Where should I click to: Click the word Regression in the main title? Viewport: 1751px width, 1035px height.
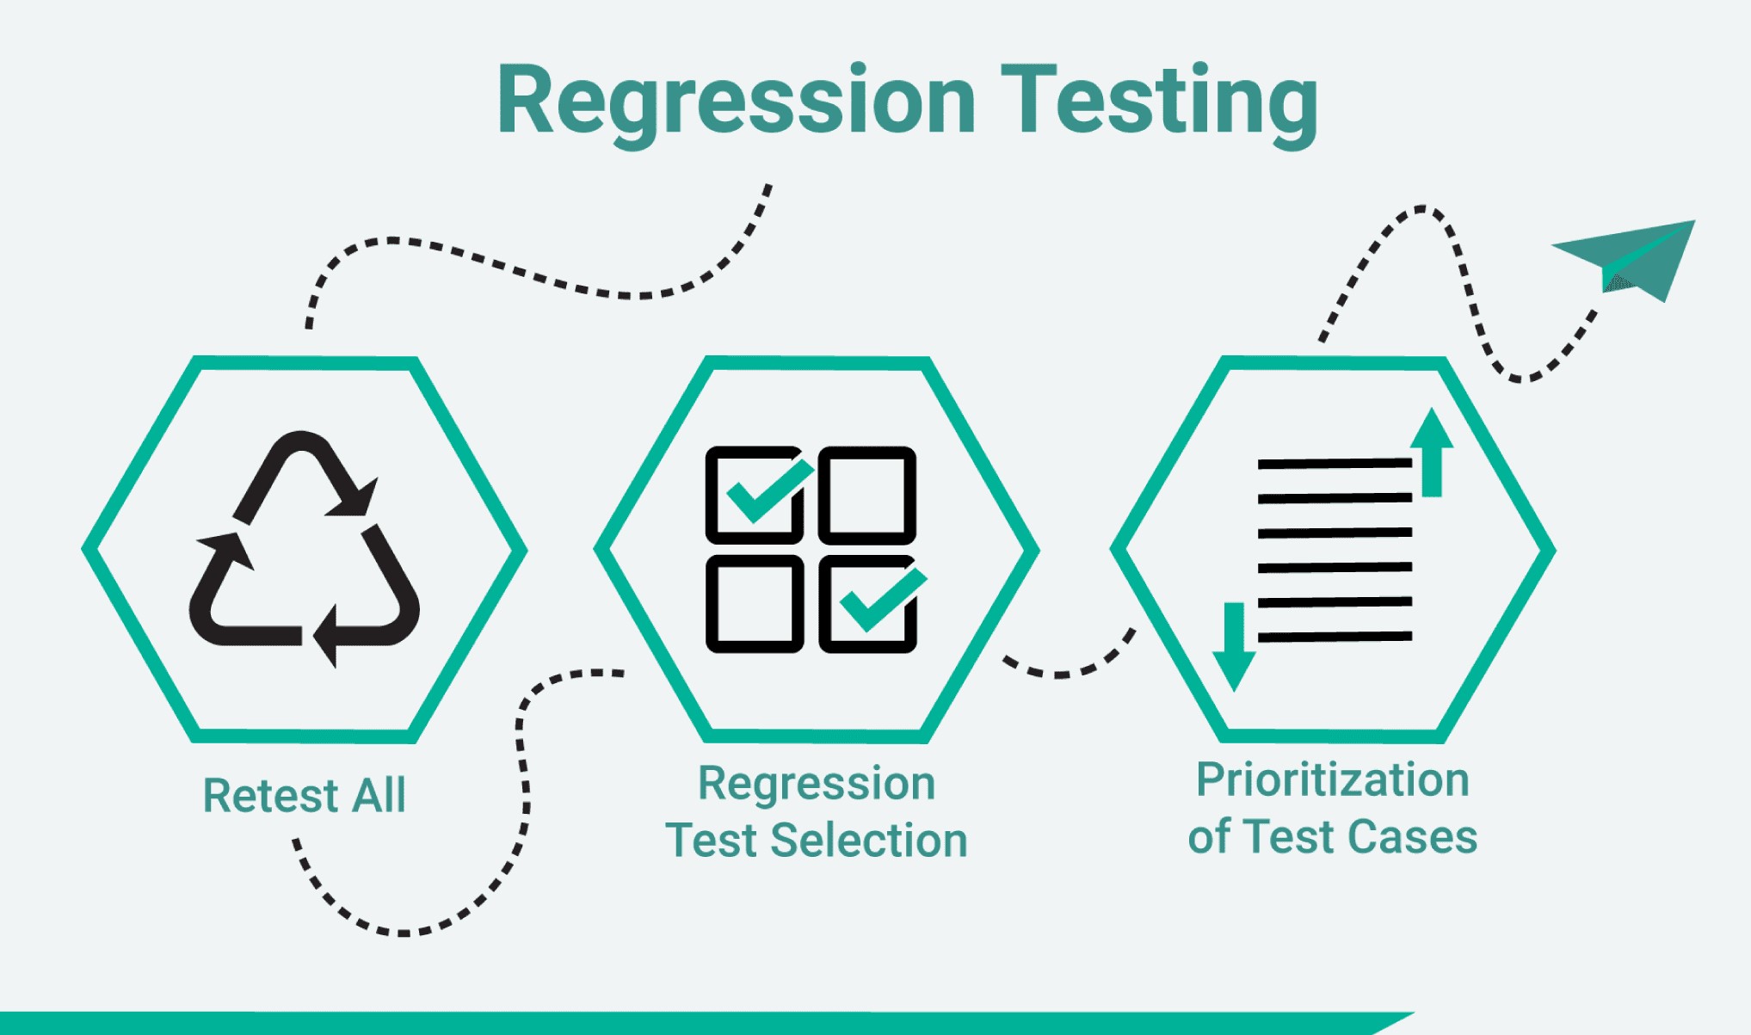click(x=736, y=102)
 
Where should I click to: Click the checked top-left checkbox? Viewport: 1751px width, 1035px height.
click(x=755, y=495)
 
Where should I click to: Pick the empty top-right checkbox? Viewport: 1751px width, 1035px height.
click(x=866, y=495)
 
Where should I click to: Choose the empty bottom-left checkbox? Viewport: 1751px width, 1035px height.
click(x=755, y=604)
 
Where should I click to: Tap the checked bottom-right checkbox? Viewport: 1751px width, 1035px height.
click(x=868, y=604)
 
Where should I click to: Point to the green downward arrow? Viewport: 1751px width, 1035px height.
click(x=1234, y=645)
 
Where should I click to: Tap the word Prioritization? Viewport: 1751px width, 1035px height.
click(x=1332, y=779)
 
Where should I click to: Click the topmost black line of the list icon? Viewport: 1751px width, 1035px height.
click(x=1335, y=464)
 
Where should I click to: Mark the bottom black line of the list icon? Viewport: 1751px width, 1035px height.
click(x=1335, y=637)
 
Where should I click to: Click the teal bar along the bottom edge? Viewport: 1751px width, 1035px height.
click(x=688, y=1023)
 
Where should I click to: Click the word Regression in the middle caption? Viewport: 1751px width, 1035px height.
click(x=816, y=783)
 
